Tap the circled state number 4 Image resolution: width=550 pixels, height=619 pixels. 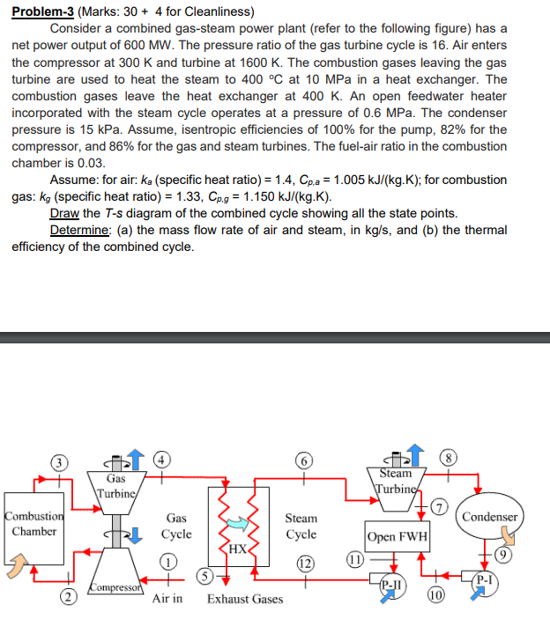click(162, 459)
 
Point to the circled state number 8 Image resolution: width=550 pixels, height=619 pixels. click(451, 460)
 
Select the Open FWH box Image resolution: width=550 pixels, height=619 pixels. click(397, 536)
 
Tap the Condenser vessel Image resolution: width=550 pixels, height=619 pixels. click(489, 517)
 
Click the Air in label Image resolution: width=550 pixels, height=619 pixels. click(167, 599)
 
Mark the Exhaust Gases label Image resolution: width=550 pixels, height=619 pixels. click(245, 599)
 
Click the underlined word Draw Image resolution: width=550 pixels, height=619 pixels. click(64, 214)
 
